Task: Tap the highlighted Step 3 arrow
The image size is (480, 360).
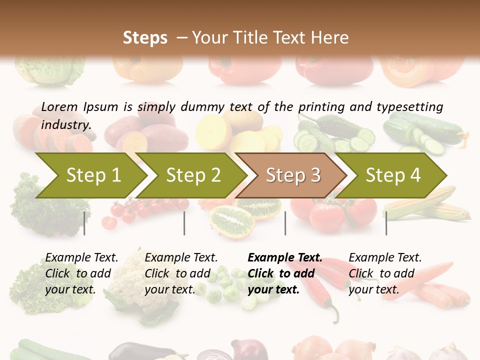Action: tap(293, 175)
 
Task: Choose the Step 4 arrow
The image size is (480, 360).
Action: tap(393, 175)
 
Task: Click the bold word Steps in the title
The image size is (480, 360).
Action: tap(145, 37)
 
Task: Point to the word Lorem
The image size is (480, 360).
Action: tap(59, 106)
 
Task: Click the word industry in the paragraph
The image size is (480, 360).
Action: tap(65, 124)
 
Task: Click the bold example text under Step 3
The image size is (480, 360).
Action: tap(285, 273)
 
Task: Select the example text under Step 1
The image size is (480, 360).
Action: tap(81, 273)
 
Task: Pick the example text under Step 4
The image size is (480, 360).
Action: tap(385, 273)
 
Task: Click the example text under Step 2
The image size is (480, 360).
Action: tap(181, 273)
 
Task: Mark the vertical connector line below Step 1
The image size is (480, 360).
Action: tap(84, 223)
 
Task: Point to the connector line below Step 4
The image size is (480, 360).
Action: tap(386, 223)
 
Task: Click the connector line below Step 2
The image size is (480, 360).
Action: tap(184, 223)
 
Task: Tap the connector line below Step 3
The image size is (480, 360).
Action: tap(285, 223)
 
